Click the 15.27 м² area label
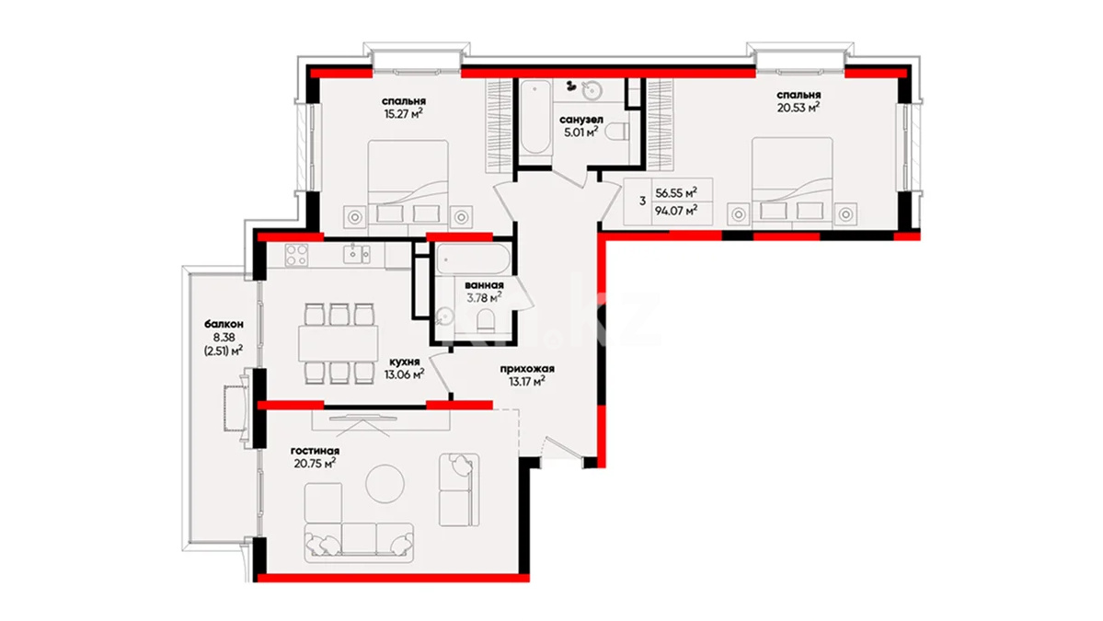click(403, 113)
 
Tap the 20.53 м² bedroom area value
click(799, 107)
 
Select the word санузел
click(581, 119)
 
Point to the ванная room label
click(484, 285)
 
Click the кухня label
click(403, 362)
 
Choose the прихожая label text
click(527, 369)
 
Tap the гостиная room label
click(315, 451)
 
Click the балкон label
click(224, 324)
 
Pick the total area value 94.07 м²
click(676, 210)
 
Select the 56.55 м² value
click(676, 192)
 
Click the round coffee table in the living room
click(385, 483)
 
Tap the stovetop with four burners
click(296, 255)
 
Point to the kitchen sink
click(357, 254)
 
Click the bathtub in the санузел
click(535, 117)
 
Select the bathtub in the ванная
click(472, 259)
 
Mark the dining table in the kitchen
click(339, 343)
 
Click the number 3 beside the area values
click(642, 201)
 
